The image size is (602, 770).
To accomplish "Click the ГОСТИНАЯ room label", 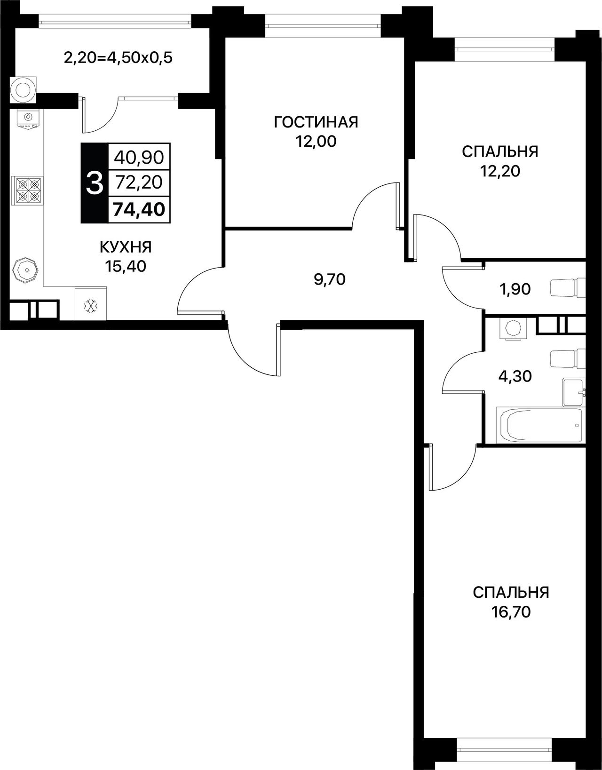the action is click(x=316, y=122).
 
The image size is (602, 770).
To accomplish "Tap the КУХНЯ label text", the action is click(x=126, y=247).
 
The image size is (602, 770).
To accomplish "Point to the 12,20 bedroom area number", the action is click(x=500, y=172).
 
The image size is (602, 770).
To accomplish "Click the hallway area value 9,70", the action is click(x=330, y=279).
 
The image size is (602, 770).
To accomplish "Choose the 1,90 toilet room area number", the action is click(x=515, y=289).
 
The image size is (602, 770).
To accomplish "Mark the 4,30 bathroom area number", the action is click(x=515, y=376).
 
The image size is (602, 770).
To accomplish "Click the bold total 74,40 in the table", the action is click(x=139, y=209).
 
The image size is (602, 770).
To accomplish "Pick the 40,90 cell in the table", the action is click(x=139, y=157).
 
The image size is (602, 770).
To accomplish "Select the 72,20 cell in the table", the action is click(x=139, y=183).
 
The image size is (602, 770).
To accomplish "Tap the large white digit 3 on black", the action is click(x=95, y=183).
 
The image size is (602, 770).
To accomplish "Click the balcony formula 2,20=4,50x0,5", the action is click(x=118, y=57).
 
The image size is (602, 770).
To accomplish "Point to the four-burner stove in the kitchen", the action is click(x=28, y=191).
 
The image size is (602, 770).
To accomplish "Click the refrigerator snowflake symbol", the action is click(x=91, y=306).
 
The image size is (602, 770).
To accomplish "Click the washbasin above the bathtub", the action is click(x=574, y=392).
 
